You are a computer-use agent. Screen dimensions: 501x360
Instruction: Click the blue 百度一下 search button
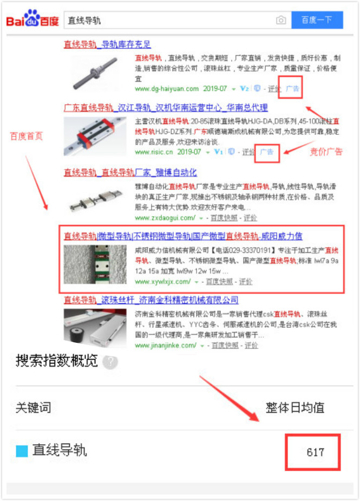(x=317, y=20)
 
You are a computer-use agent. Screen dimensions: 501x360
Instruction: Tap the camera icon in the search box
(x=281, y=21)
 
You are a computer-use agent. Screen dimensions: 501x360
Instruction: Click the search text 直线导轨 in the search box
(x=84, y=21)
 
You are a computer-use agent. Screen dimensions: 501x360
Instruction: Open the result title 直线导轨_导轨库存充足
(x=107, y=44)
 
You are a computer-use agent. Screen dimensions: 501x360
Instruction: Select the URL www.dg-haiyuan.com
(x=167, y=89)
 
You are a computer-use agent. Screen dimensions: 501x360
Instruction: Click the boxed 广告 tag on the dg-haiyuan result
(x=292, y=88)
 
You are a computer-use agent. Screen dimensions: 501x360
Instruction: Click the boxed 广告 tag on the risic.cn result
(x=267, y=152)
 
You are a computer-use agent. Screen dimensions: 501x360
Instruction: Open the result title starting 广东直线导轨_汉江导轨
(x=166, y=107)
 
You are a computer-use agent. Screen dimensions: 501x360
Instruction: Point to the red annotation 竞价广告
(x=326, y=152)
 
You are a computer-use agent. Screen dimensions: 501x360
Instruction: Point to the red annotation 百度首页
(x=26, y=136)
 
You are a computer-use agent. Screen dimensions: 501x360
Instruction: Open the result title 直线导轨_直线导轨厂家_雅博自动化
(x=130, y=173)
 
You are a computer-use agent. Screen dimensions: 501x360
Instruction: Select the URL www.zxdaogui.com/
(x=165, y=218)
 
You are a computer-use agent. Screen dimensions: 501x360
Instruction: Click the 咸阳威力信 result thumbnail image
(x=95, y=264)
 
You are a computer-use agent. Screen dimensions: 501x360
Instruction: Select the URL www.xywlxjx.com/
(x=162, y=282)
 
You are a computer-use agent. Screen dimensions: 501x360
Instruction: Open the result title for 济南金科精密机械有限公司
(x=151, y=300)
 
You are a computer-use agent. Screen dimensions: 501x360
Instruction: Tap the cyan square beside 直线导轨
(x=22, y=451)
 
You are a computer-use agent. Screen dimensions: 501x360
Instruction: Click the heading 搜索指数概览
(x=57, y=361)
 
